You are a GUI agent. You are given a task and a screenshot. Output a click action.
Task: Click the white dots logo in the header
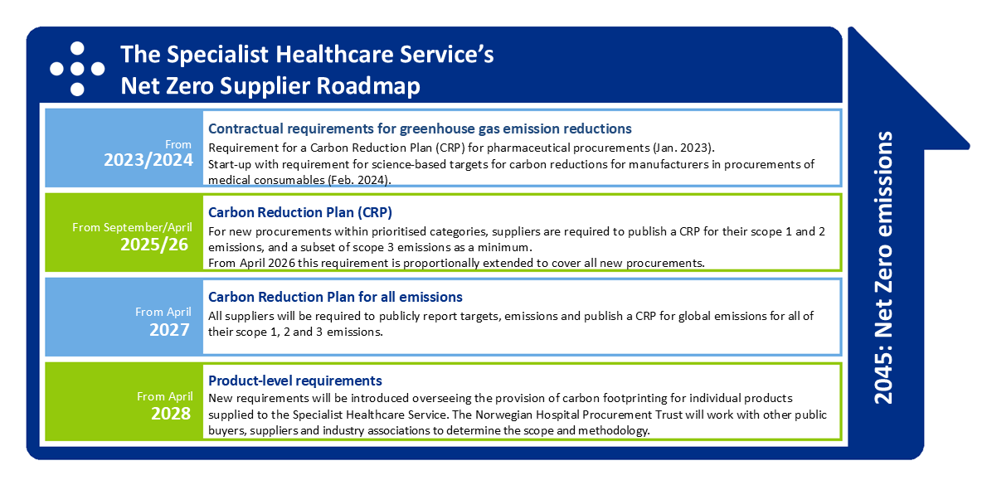coord(77,69)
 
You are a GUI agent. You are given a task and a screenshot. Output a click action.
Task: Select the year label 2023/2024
coord(148,161)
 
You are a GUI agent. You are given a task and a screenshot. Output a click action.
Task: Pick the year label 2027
coord(169,330)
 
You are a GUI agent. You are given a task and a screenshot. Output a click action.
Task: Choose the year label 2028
coord(169,414)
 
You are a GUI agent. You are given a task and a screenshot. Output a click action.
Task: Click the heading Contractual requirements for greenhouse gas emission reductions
coord(420,129)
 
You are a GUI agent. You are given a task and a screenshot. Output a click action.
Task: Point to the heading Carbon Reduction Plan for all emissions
coord(336,296)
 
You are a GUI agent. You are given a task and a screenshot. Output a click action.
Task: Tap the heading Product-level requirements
coord(295,381)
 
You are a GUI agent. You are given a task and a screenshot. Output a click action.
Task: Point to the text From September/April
coord(131,227)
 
